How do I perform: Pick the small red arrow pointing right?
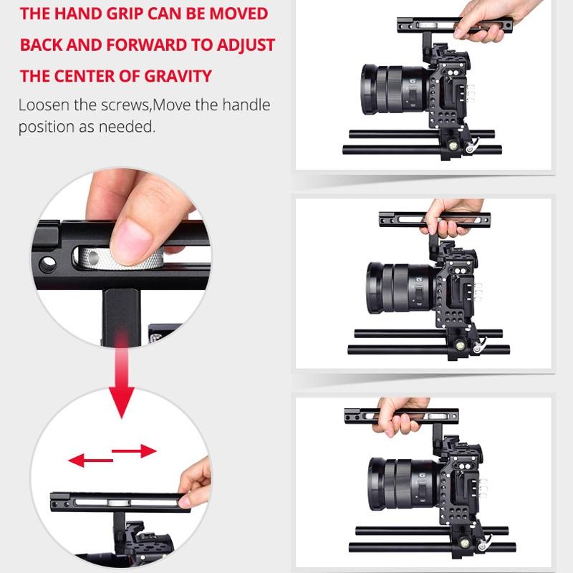point(135,451)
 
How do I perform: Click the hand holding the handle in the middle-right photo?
point(448,221)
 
